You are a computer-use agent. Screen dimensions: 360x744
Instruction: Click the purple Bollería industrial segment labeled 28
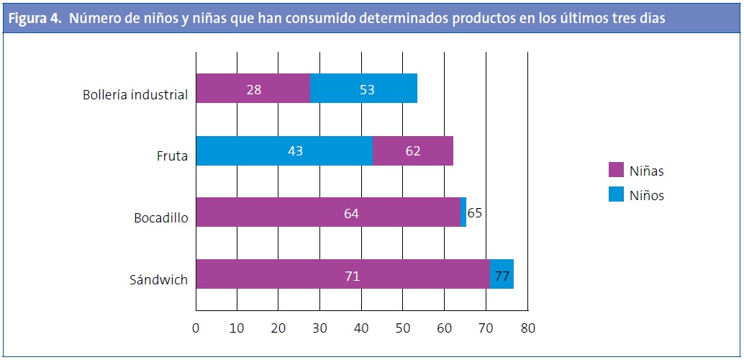[253, 89]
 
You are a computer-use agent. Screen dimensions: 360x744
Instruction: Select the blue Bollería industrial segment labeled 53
[363, 89]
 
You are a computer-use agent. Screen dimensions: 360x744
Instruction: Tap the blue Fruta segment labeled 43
[284, 151]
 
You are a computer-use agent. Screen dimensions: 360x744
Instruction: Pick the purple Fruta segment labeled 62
[412, 151]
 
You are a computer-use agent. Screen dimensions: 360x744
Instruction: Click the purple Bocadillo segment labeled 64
[327, 212]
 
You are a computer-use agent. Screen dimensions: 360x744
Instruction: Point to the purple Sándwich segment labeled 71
[342, 274]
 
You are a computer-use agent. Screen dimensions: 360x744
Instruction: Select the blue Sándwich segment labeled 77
[502, 274]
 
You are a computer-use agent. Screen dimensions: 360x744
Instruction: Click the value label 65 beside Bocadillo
[475, 213]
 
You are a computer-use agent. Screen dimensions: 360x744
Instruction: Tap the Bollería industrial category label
[135, 94]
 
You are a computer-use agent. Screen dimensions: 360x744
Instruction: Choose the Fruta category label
[173, 156]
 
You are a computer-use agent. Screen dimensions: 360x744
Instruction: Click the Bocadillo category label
[161, 217]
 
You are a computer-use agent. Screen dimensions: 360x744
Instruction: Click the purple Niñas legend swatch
[615, 171]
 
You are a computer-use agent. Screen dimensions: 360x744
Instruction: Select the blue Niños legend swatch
[615, 194]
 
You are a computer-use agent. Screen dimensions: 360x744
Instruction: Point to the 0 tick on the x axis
[196, 328]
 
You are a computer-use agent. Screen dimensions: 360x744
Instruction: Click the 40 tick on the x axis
[362, 328]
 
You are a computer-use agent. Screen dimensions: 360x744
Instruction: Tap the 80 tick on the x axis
[528, 328]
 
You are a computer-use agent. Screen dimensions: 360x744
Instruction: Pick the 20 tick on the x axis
[278, 328]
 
